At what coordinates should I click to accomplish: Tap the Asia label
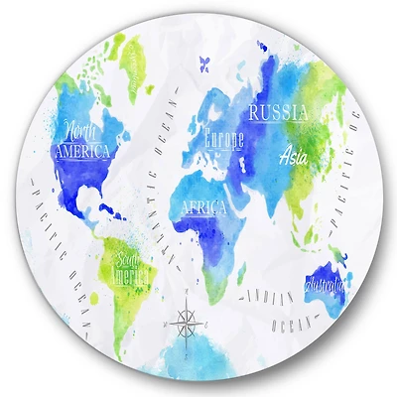click(x=295, y=155)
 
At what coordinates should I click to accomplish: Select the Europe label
click(x=222, y=139)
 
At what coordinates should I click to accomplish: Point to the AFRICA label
click(x=202, y=207)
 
